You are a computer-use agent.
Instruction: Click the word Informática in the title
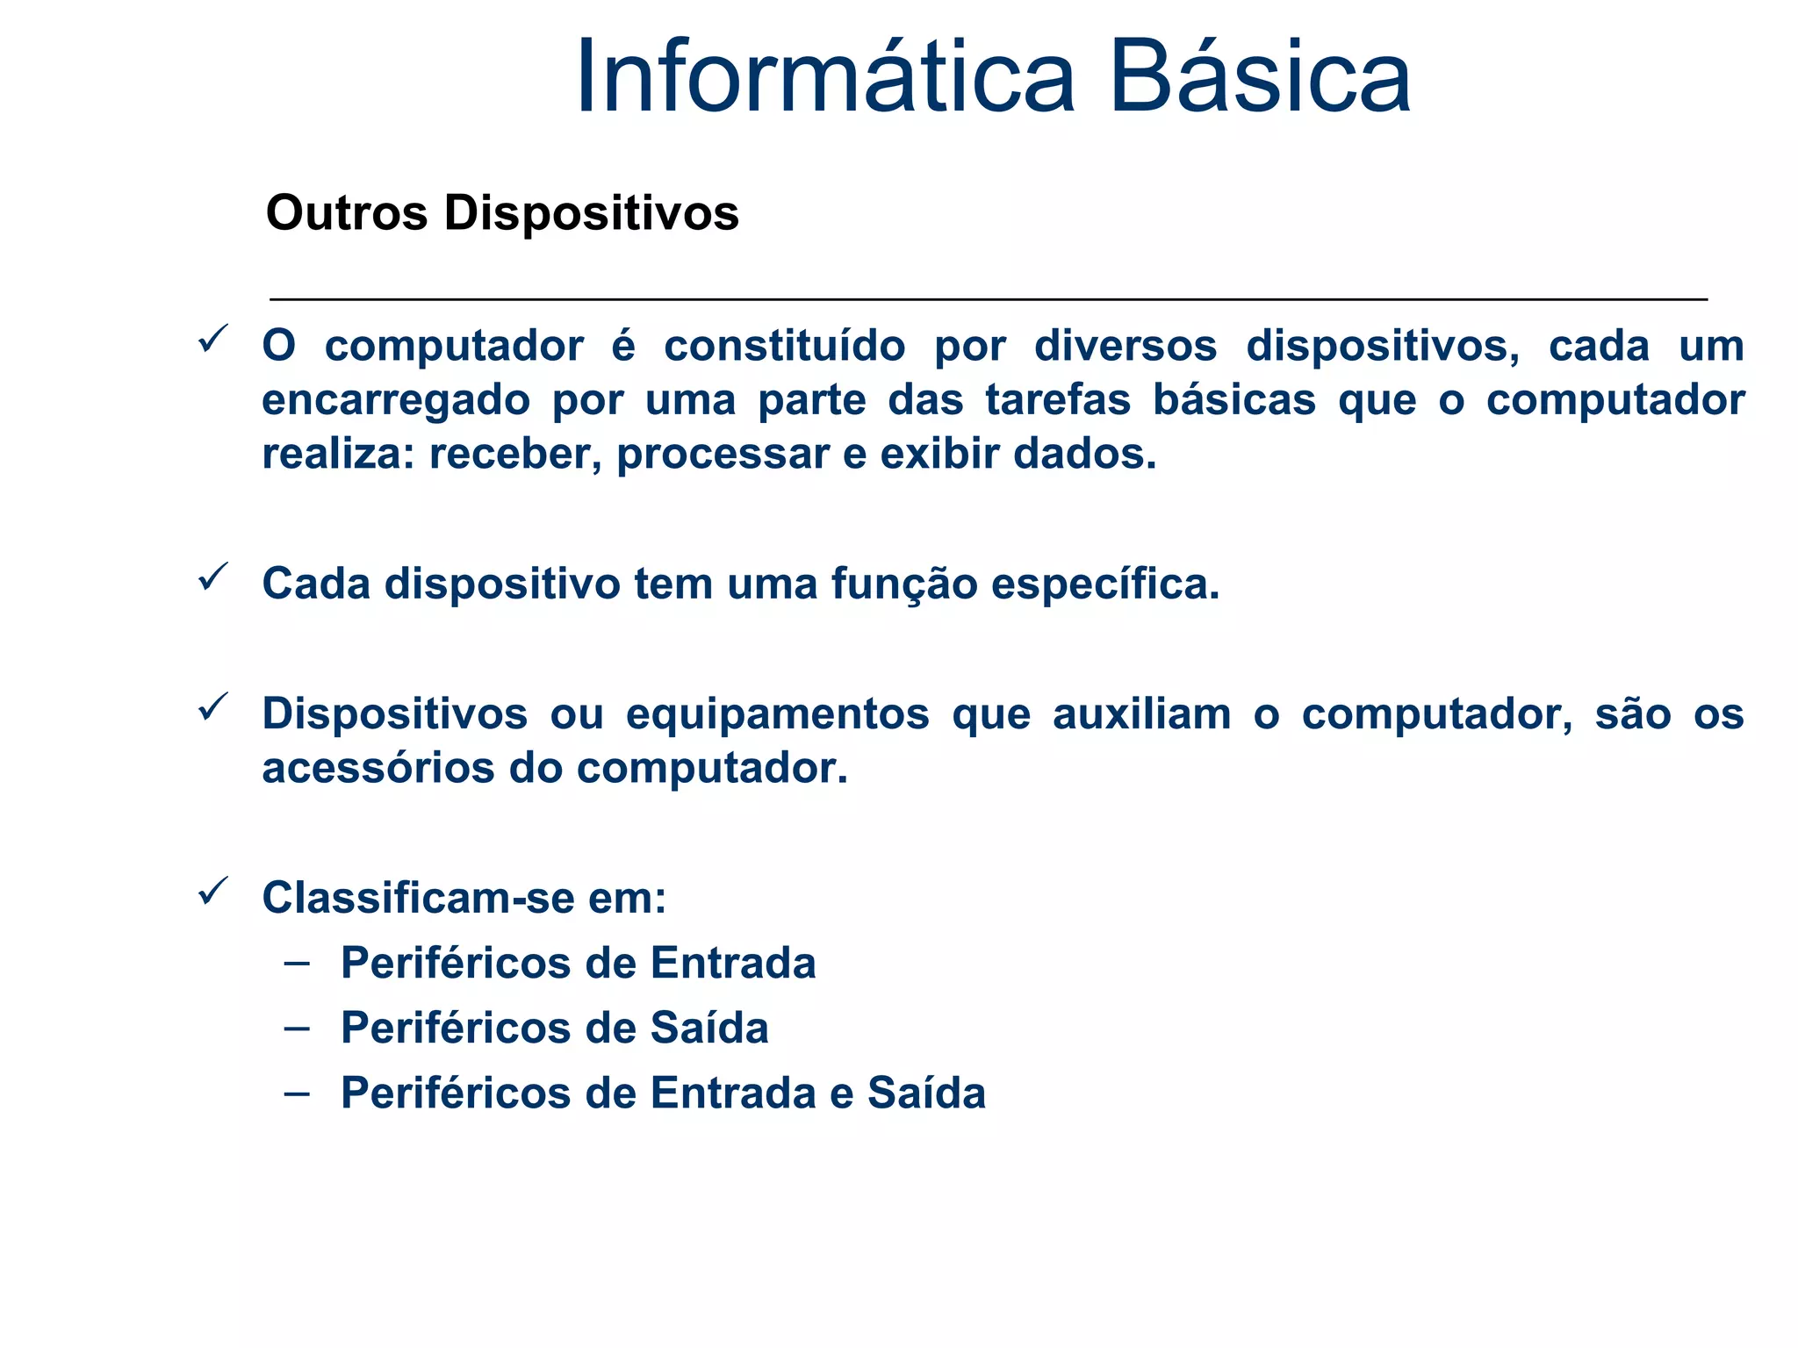[x=825, y=77]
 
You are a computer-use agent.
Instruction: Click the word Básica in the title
[x=1260, y=77]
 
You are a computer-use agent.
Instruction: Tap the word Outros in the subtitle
[x=347, y=213]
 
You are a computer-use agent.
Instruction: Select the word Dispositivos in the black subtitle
[x=591, y=213]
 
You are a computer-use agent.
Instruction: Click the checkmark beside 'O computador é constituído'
[x=213, y=339]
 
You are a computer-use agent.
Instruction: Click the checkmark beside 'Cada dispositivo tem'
[x=213, y=577]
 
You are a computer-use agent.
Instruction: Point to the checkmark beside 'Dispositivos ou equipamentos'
[x=213, y=706]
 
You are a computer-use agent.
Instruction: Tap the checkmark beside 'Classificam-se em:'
[x=213, y=891]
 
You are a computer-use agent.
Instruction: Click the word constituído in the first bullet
[x=784, y=346]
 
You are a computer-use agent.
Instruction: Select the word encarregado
[x=395, y=401]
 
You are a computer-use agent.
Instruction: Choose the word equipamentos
[x=777, y=714]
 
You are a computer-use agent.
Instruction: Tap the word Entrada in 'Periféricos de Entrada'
[x=733, y=964]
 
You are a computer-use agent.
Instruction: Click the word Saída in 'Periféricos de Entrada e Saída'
[x=926, y=1093]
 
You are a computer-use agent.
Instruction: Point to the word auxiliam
[x=1141, y=714]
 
